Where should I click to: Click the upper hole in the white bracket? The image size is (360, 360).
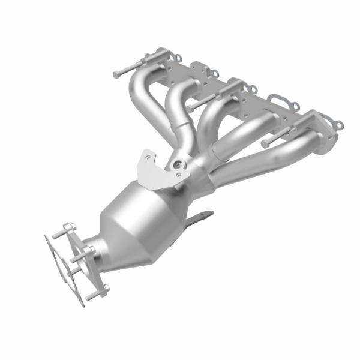[148, 157]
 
